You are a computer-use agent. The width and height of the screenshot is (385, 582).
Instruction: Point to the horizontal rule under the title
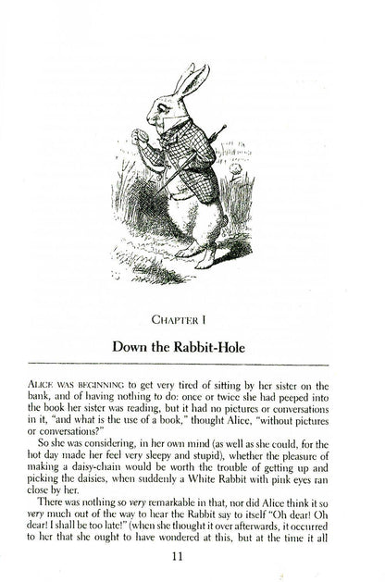tap(192, 362)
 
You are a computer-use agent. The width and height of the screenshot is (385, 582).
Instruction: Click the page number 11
tap(192, 557)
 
